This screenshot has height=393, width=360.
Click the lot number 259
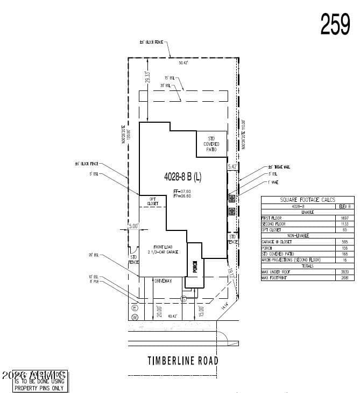335,24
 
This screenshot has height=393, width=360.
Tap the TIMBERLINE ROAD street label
183,361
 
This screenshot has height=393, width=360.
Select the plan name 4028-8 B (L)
182,176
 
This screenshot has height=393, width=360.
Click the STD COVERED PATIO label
211,144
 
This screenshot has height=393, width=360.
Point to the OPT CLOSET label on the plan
152,201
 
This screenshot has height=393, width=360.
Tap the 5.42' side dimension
232,167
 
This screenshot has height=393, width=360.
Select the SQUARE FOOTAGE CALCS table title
308,200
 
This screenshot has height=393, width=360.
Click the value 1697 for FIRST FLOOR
344,217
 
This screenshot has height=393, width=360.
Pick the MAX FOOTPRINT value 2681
344,278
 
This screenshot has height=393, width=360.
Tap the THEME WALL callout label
279,167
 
